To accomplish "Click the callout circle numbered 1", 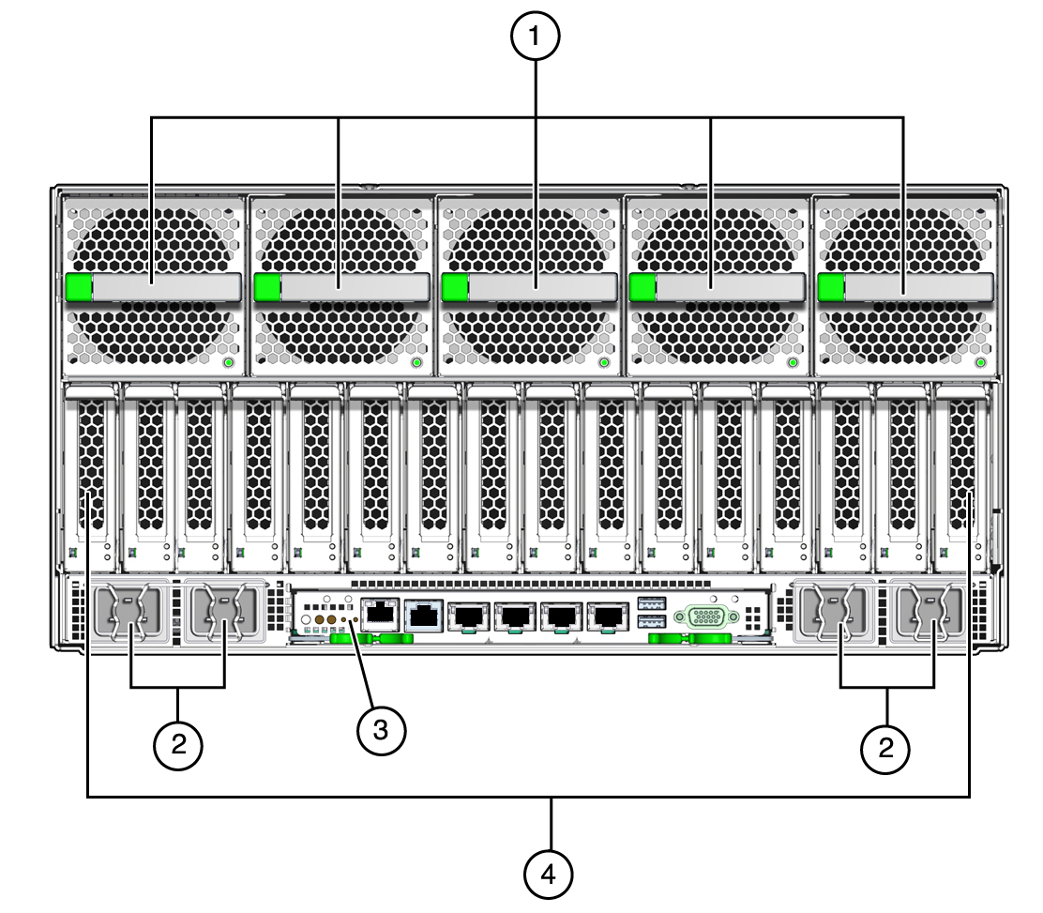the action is [535, 36].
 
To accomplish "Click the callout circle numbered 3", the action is [381, 730].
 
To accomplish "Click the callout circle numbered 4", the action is [548, 875].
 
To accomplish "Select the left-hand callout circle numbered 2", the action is [178, 745].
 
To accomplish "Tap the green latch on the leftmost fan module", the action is [79, 287].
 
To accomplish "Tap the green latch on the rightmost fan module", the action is [831, 287].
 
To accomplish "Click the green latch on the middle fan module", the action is [455, 287].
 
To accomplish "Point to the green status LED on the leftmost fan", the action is [228, 363].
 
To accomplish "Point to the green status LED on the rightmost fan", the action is [980, 363].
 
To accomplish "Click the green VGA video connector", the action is [706, 616].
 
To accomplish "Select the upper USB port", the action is [651, 604].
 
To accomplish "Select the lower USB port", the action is [651, 621].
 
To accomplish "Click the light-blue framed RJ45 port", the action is [424, 616].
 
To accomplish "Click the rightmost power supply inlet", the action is [931, 612].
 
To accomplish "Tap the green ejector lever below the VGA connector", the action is [689, 639].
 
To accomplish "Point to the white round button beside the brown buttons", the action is [306, 619].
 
